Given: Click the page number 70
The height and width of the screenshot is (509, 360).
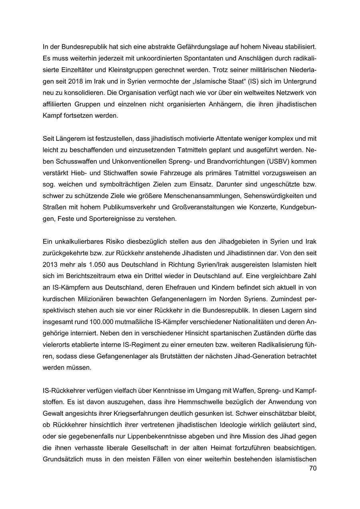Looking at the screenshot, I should click(x=312, y=468).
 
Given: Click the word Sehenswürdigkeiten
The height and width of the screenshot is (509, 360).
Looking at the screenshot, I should click(x=276, y=196).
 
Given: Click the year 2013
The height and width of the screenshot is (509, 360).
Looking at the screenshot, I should click(x=50, y=265).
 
